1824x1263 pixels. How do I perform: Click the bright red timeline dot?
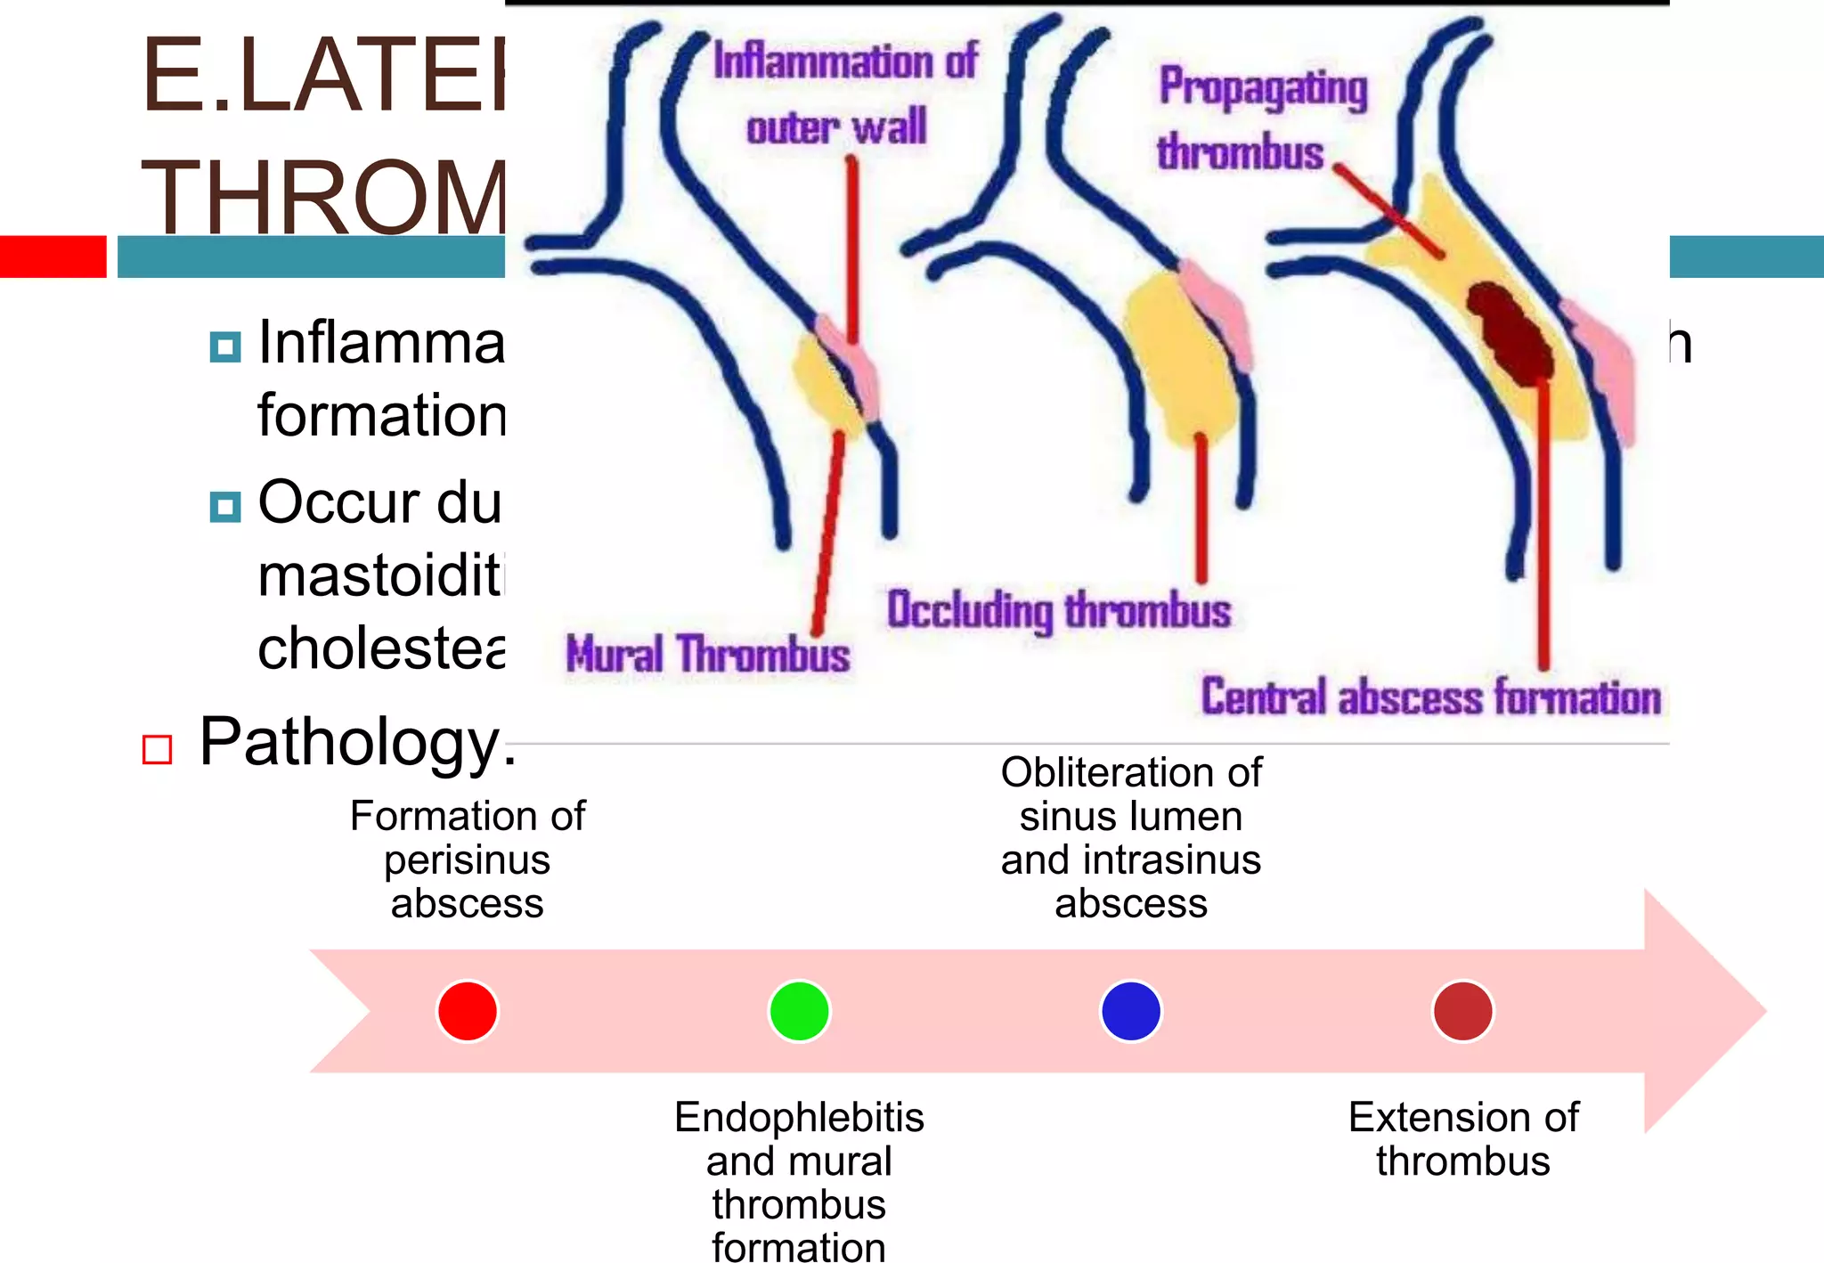click(x=467, y=1011)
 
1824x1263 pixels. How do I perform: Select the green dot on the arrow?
click(x=799, y=1011)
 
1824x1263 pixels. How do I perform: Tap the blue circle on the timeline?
click(x=1131, y=1011)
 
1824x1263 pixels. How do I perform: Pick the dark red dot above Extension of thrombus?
click(x=1462, y=1011)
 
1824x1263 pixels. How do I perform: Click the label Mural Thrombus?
click(x=708, y=655)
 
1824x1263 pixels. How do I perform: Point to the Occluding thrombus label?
click(x=1059, y=611)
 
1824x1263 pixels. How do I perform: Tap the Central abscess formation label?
click(x=1430, y=697)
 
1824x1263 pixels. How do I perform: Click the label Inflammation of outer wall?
click(x=843, y=94)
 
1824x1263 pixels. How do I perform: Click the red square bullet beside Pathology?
click(x=158, y=749)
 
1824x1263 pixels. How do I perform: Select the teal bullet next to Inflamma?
click(x=225, y=346)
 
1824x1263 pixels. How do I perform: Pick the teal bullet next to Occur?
click(x=225, y=507)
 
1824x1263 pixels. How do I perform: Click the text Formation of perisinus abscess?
click(x=468, y=859)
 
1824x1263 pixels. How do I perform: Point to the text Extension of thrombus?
click(x=1463, y=1138)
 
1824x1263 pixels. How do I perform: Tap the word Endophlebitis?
click(x=799, y=1117)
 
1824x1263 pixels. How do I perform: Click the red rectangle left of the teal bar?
click(x=53, y=257)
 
